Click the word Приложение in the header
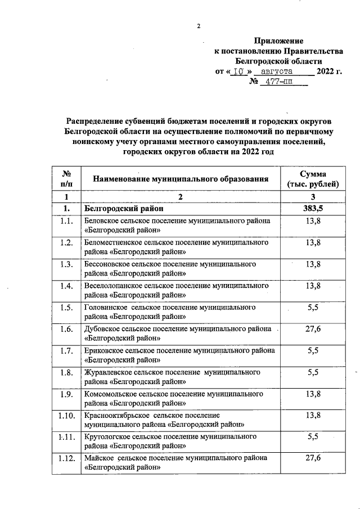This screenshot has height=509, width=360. pos(278,40)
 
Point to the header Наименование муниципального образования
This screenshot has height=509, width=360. pos(180,179)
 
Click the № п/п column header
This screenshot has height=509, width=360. pos(66,179)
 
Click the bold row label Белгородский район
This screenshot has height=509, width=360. pos(120,208)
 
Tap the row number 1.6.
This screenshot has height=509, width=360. pos(66,329)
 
